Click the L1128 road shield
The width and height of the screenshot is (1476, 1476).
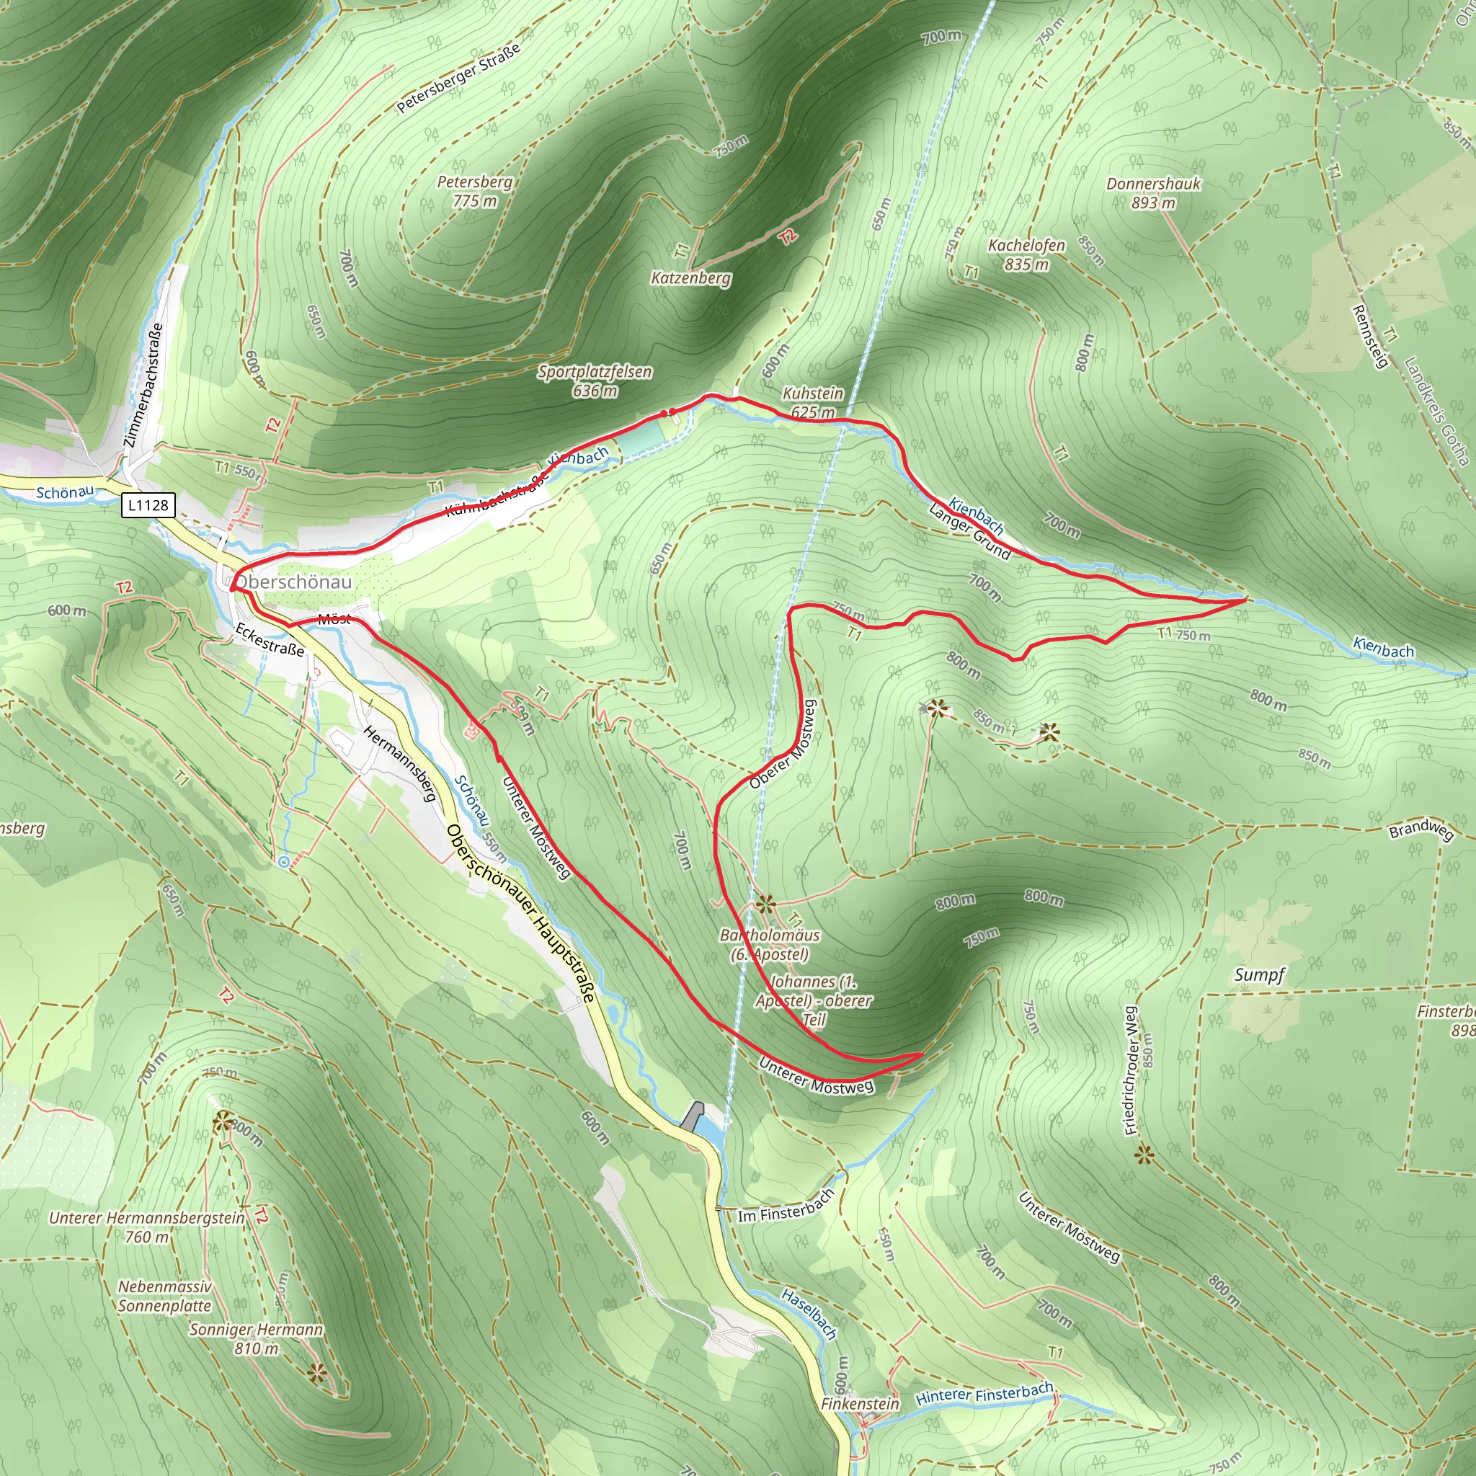[148, 505]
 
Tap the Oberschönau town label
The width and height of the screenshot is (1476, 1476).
[294, 582]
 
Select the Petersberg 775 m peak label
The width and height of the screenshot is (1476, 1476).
[474, 191]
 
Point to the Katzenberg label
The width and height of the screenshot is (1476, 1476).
[690, 278]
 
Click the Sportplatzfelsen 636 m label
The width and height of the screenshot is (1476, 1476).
[595, 381]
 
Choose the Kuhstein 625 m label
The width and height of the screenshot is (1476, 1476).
[813, 403]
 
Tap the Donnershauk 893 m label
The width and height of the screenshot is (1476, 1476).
[1153, 192]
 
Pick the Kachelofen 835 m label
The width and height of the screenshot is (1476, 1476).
[1026, 254]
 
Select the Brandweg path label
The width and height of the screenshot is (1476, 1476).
[1421, 830]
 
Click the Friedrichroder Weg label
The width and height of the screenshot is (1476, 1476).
[1132, 1070]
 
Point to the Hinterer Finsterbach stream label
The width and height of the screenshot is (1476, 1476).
[984, 1394]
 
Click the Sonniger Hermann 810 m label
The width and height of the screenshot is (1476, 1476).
[256, 1338]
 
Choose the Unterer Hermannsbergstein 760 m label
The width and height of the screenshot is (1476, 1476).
[147, 1227]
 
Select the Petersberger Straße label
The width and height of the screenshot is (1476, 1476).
[458, 78]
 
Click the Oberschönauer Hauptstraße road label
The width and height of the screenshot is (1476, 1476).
[520, 914]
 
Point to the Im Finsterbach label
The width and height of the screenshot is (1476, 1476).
[786, 1206]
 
